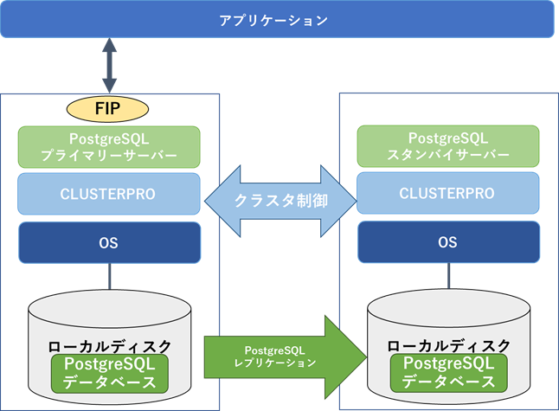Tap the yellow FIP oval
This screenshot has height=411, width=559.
pyautogui.click(x=109, y=109)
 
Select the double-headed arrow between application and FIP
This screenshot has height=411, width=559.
pyautogui.click(x=109, y=66)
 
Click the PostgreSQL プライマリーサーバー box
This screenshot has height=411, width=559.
pyautogui.click(x=109, y=146)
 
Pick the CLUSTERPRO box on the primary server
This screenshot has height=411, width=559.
pyautogui.click(x=109, y=194)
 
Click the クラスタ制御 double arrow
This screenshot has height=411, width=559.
pyautogui.click(x=279, y=200)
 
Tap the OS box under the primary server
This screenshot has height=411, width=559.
pyautogui.click(x=109, y=243)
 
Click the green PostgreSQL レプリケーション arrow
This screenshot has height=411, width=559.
pyautogui.click(x=281, y=356)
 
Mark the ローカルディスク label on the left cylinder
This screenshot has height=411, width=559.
pyautogui.click(x=109, y=345)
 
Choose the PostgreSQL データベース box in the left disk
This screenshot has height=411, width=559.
pyautogui.click(x=109, y=372)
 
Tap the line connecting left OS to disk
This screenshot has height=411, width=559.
pyautogui.click(x=109, y=277)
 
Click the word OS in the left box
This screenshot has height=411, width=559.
pyautogui.click(x=109, y=243)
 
